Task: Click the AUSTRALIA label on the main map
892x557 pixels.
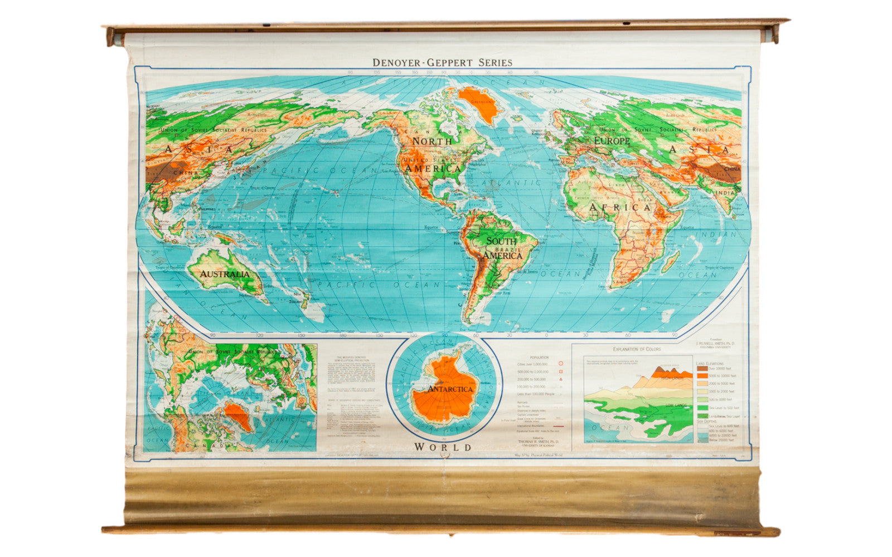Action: click(225, 274)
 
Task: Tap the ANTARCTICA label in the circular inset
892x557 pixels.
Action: click(450, 389)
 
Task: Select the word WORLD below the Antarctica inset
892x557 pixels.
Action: click(443, 447)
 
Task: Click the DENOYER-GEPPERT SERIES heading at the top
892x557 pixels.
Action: click(442, 62)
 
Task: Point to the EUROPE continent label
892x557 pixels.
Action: click(611, 141)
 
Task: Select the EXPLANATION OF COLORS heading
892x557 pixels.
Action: click(637, 349)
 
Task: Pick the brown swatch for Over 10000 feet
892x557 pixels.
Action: click(702, 369)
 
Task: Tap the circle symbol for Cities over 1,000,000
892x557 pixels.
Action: click(560, 364)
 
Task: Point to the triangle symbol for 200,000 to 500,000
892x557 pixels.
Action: click(560, 379)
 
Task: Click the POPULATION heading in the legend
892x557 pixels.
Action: click(540, 358)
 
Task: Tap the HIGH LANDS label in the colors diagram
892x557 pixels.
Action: click(672, 378)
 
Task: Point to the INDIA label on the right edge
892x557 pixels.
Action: click(725, 193)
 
